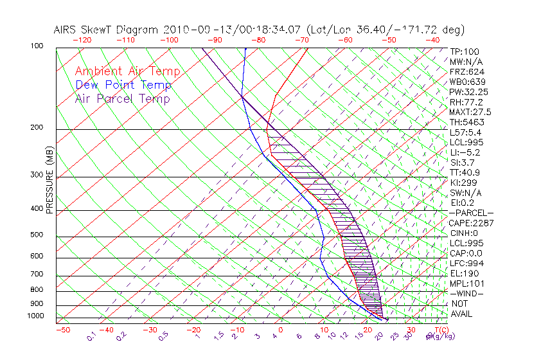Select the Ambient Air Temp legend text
click(127, 71)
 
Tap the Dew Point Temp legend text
click(123, 85)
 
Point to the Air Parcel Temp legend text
click(123, 98)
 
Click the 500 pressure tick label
click(37, 235)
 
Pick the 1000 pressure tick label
click(35, 316)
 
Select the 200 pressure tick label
click(37, 128)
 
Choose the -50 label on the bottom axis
click(62, 330)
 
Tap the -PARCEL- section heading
click(472, 213)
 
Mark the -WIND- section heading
click(467, 293)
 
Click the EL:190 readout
click(463, 273)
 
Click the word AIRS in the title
click(66, 30)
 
